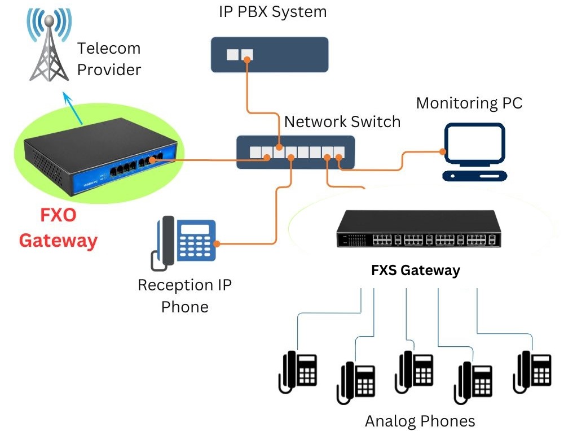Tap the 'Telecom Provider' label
(x=109, y=59)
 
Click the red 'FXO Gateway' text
(x=58, y=228)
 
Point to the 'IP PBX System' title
(x=272, y=11)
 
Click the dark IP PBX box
(x=270, y=55)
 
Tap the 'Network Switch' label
(x=342, y=121)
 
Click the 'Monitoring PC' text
(x=469, y=103)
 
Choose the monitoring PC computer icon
(x=474, y=152)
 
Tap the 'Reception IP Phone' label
(x=185, y=295)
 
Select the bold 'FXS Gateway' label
(x=416, y=271)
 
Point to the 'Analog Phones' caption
(x=420, y=421)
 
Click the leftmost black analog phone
(x=298, y=372)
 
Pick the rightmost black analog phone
(x=532, y=371)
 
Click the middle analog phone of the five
(x=415, y=371)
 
